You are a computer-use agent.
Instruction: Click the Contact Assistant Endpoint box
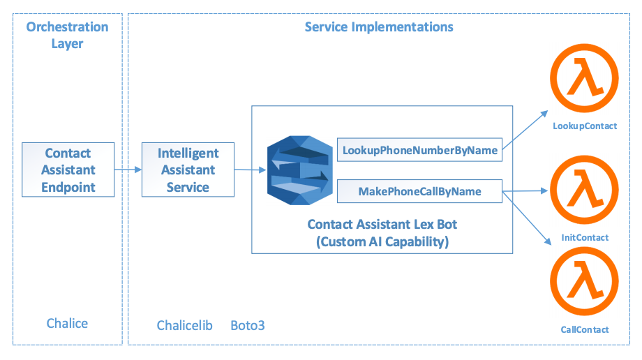[68, 170]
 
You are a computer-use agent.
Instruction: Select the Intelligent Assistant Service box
[188, 170]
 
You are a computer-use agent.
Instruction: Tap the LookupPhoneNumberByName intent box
[419, 150]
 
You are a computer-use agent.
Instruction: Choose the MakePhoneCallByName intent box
[419, 191]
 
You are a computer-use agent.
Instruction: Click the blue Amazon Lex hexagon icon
[299, 170]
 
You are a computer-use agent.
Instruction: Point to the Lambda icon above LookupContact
[584, 78]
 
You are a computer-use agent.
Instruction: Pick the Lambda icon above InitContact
[584, 190]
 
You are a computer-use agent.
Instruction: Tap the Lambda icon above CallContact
[584, 281]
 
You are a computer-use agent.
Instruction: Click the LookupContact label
[585, 126]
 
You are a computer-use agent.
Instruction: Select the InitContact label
[585, 237]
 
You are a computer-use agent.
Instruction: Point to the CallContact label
[585, 330]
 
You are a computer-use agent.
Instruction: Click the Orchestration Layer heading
[67, 35]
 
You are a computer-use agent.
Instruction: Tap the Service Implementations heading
[379, 27]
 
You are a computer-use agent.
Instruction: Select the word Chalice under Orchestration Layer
[67, 324]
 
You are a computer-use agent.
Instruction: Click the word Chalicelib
[185, 326]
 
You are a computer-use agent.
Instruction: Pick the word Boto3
[248, 326]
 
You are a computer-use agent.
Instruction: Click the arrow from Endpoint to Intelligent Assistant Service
[128, 170]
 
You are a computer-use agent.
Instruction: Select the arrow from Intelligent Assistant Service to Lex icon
[250, 170]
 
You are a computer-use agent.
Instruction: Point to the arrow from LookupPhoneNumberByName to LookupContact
[525, 130]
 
